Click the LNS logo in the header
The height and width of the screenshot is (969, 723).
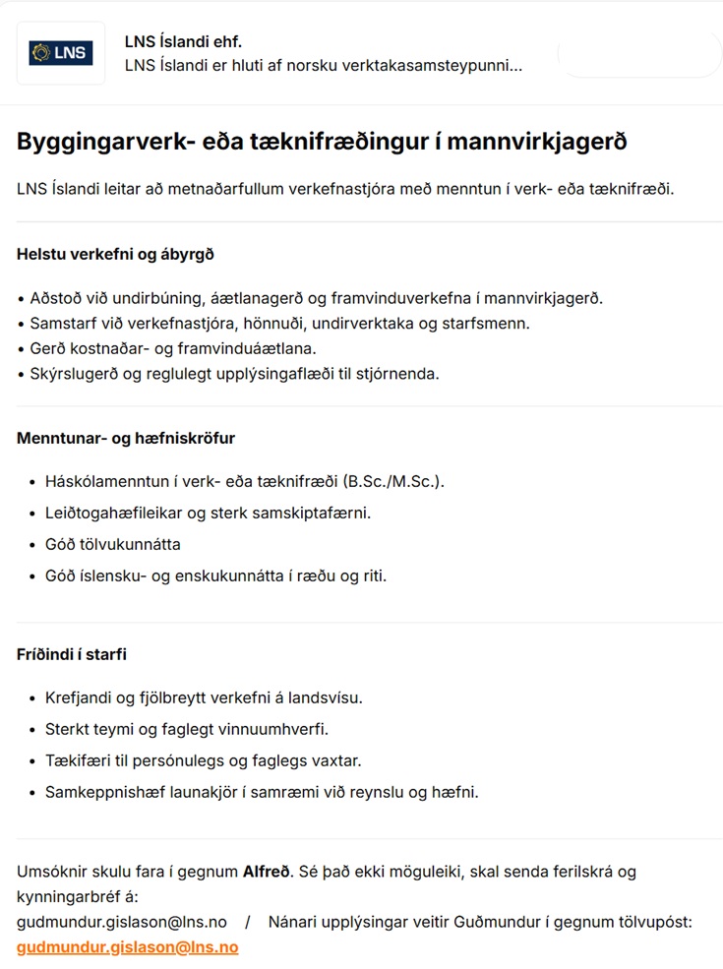(61, 53)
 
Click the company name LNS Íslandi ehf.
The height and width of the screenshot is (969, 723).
(183, 41)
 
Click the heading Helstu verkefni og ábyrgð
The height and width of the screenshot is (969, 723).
(115, 254)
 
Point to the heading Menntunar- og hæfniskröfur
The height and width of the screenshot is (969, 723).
(126, 438)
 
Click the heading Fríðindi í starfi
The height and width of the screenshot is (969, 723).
(72, 654)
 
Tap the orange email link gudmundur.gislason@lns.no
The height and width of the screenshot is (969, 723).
(127, 947)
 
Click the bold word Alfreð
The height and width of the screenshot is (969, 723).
(268, 871)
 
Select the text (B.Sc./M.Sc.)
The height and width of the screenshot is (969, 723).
(392, 481)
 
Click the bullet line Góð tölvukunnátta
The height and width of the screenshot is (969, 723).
(112, 544)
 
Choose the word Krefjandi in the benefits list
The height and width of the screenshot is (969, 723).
(78, 697)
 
